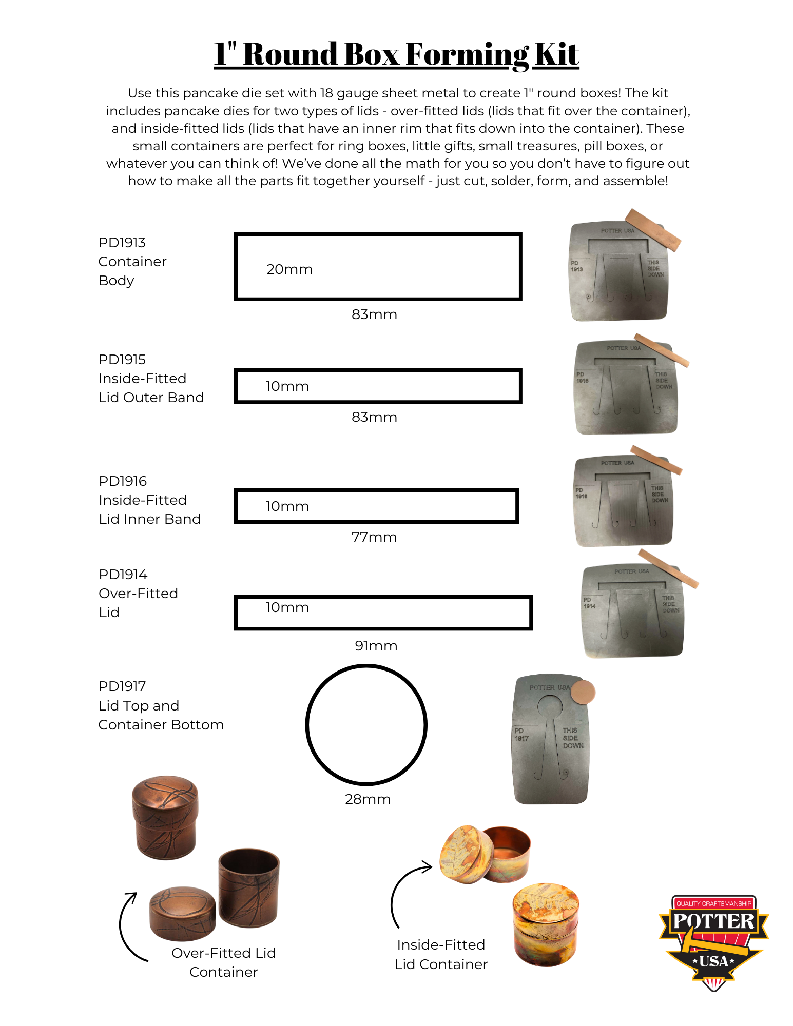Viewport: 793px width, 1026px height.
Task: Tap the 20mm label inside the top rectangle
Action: (x=289, y=269)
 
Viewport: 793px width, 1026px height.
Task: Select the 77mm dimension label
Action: (x=374, y=537)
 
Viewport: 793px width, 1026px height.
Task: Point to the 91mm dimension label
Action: (x=376, y=646)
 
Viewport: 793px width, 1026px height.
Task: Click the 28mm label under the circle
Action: (x=368, y=799)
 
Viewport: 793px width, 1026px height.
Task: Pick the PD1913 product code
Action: (x=122, y=242)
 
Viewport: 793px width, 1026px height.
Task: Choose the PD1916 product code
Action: (x=123, y=481)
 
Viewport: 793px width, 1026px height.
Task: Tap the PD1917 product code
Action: (x=122, y=686)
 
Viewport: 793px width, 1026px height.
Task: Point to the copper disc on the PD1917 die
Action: (x=583, y=692)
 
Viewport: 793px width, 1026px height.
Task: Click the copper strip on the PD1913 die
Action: (x=653, y=229)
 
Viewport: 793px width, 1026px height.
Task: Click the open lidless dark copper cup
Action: (x=249, y=887)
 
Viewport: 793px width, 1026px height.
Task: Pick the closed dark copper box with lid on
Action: (x=165, y=817)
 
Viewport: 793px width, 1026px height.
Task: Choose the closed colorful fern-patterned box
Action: (x=546, y=923)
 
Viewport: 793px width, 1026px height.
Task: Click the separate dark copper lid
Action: (x=182, y=913)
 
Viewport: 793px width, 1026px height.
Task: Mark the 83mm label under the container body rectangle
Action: (x=374, y=314)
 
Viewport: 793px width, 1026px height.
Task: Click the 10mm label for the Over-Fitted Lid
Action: (x=287, y=607)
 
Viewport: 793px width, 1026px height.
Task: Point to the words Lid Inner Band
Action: (x=150, y=519)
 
